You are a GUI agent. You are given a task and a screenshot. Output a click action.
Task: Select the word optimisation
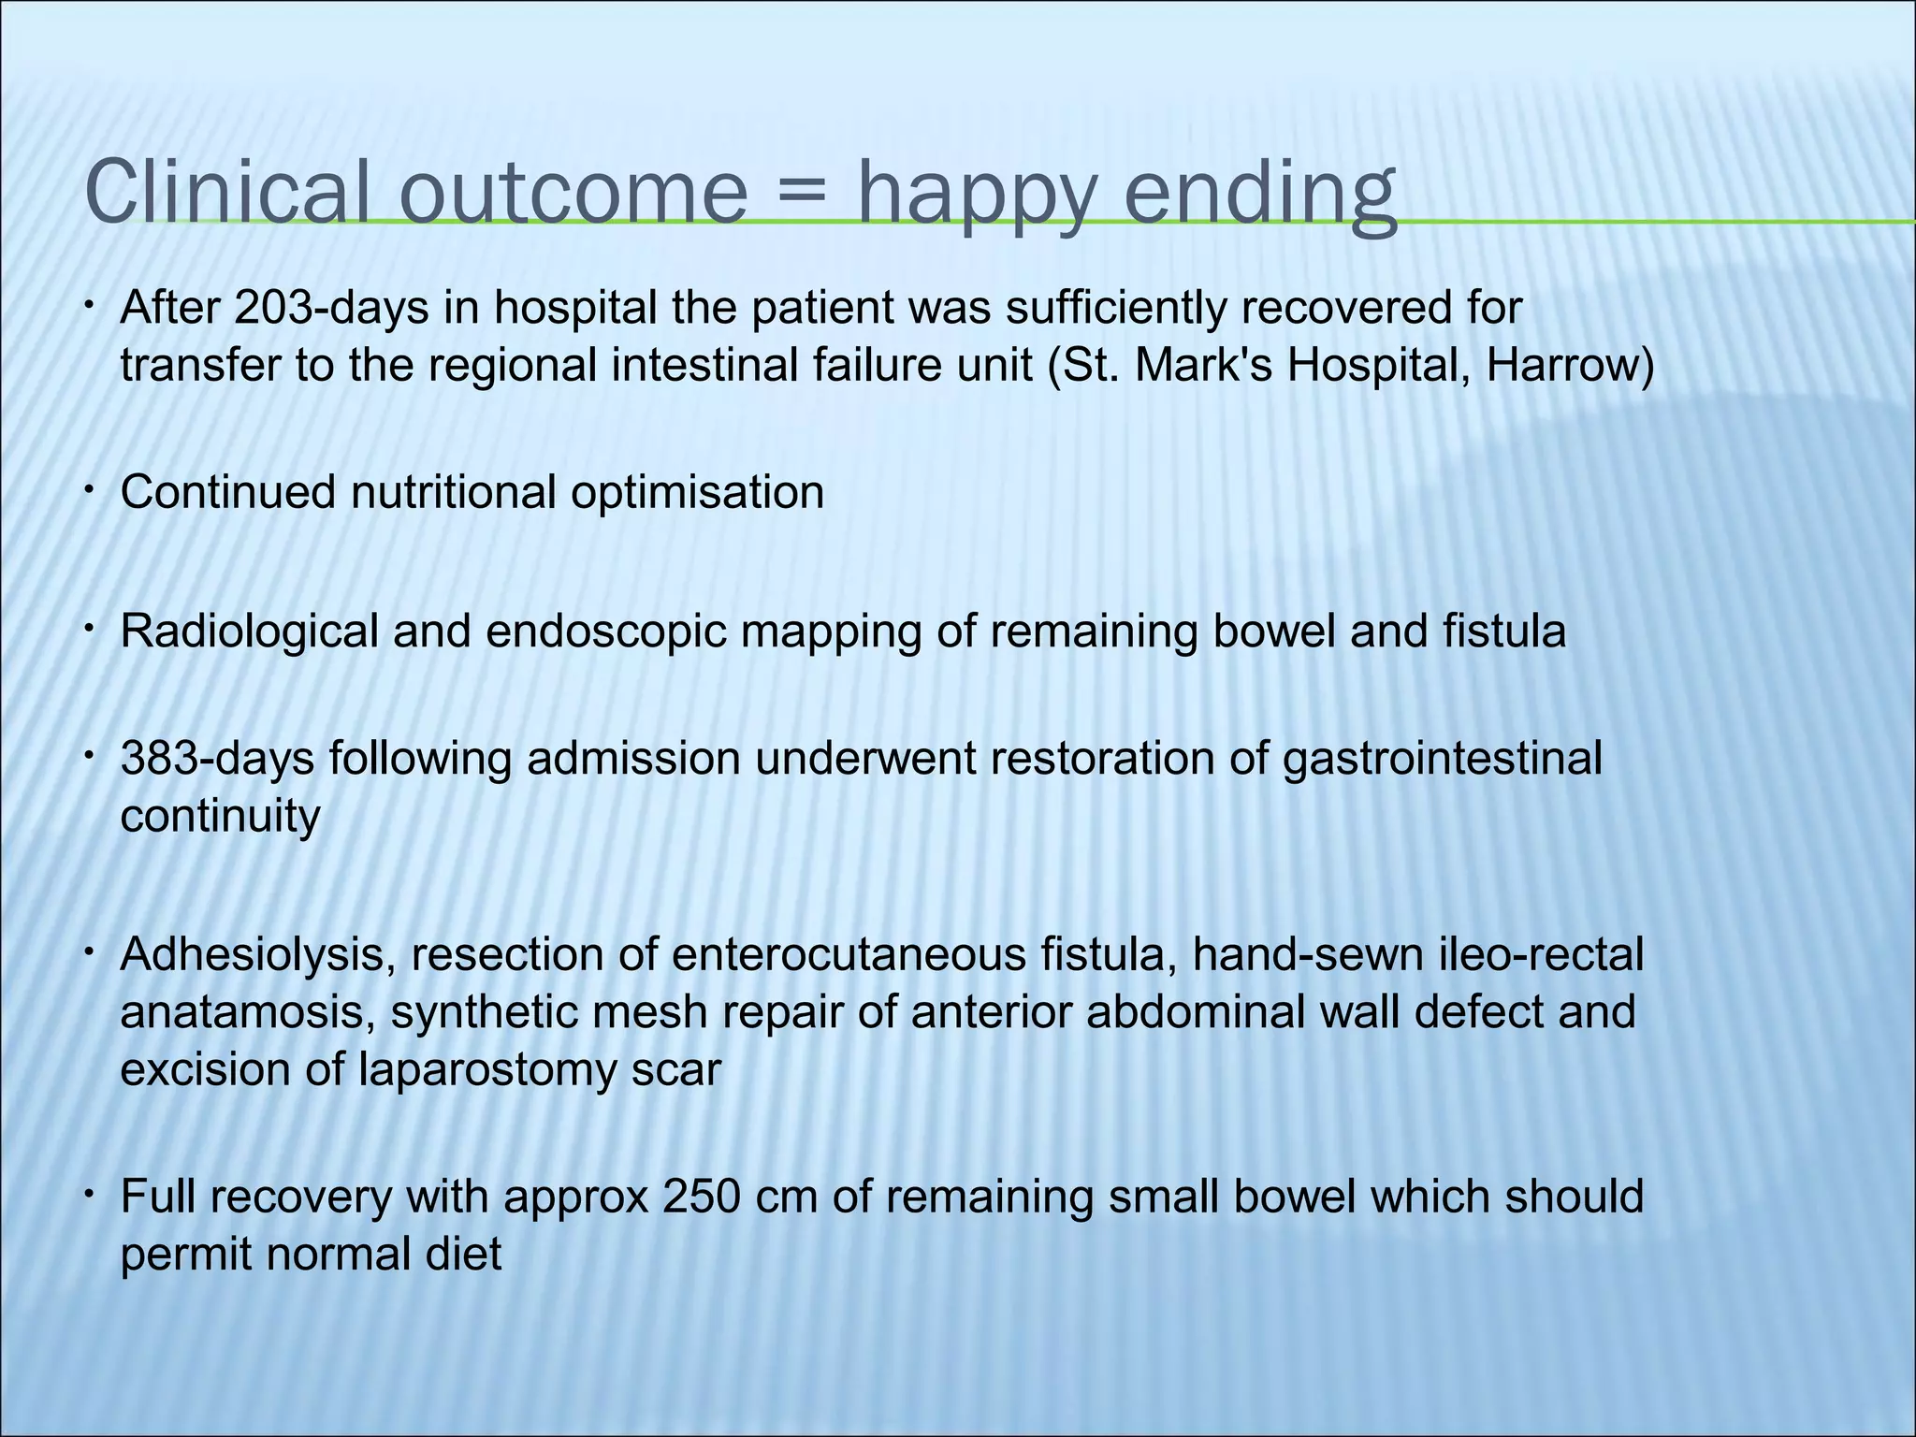pyautogui.click(x=697, y=492)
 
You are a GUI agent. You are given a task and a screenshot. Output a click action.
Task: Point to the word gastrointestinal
pyautogui.click(x=1442, y=758)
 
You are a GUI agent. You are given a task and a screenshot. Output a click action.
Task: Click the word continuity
pyautogui.click(x=220, y=816)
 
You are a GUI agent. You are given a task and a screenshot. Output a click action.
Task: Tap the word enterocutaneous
pyautogui.click(x=846, y=954)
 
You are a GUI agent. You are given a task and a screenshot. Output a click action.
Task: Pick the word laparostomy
pyautogui.click(x=486, y=1070)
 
